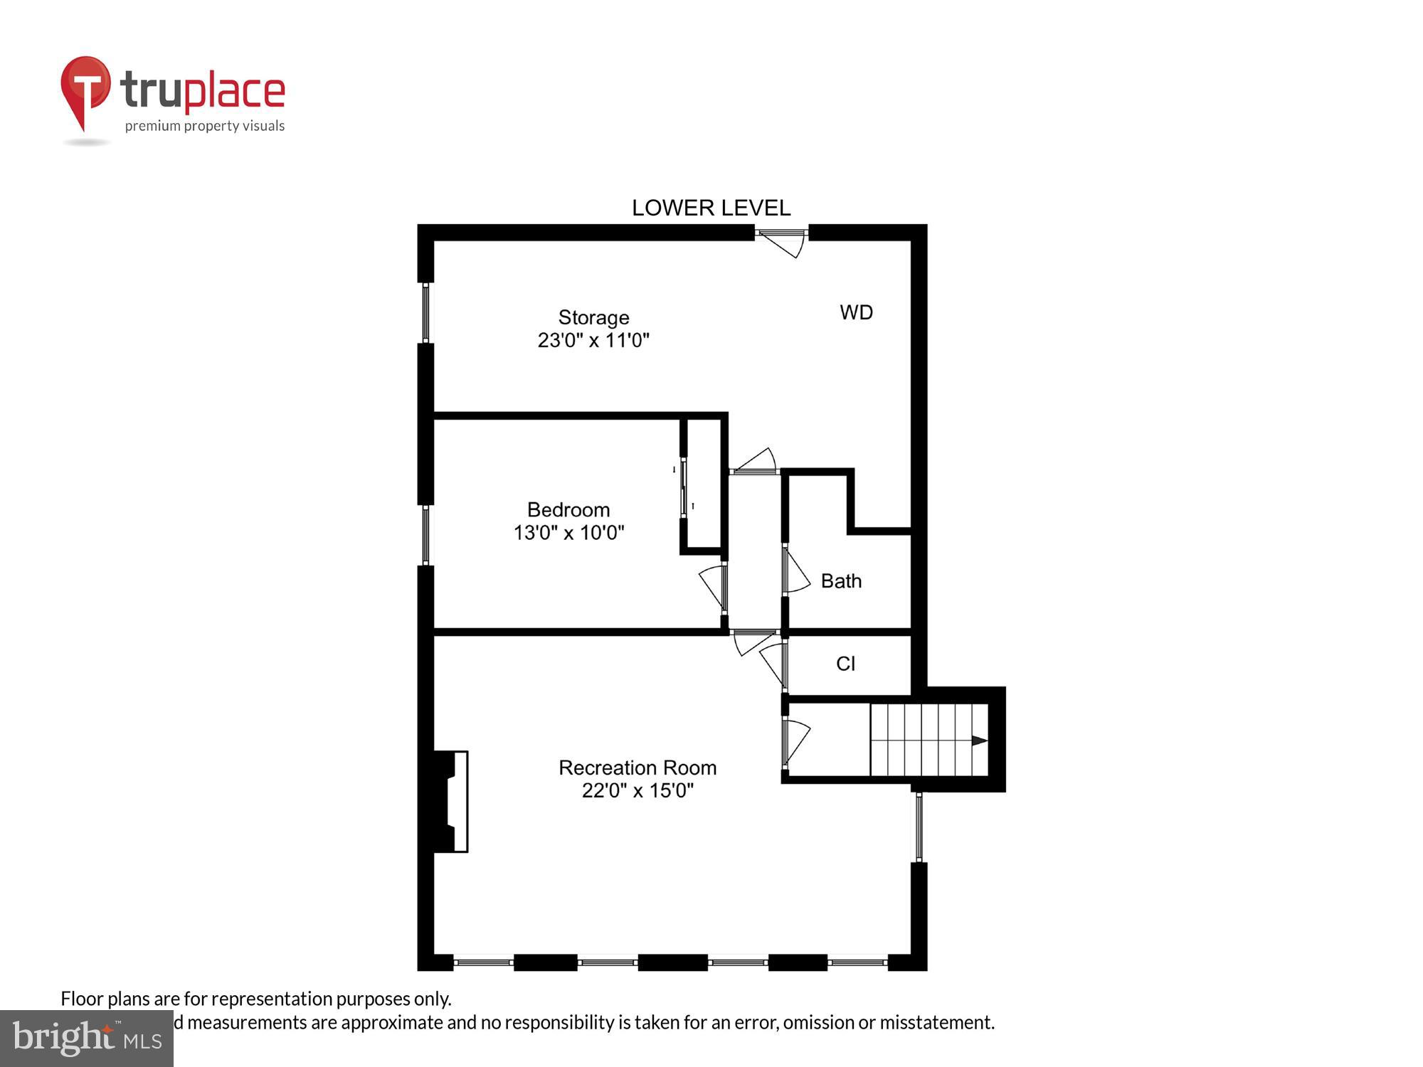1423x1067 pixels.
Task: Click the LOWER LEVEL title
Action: (711, 208)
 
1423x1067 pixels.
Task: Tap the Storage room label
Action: (593, 317)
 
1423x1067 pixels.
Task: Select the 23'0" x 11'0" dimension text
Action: (593, 340)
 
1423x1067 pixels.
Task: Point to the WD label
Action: (856, 312)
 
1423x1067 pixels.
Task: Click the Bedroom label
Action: (568, 509)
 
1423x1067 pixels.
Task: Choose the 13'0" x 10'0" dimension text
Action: (568, 532)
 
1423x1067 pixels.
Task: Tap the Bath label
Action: (841, 581)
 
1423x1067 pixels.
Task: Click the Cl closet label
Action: (845, 664)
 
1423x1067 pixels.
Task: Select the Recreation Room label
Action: (638, 768)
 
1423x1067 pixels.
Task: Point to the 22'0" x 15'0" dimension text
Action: (638, 790)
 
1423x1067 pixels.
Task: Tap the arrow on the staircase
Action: (979, 740)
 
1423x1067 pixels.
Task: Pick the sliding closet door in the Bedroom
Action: (684, 488)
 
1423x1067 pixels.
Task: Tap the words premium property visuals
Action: (205, 127)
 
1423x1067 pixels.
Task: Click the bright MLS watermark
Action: (87, 1039)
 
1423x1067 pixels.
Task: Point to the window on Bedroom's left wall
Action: (426, 535)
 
